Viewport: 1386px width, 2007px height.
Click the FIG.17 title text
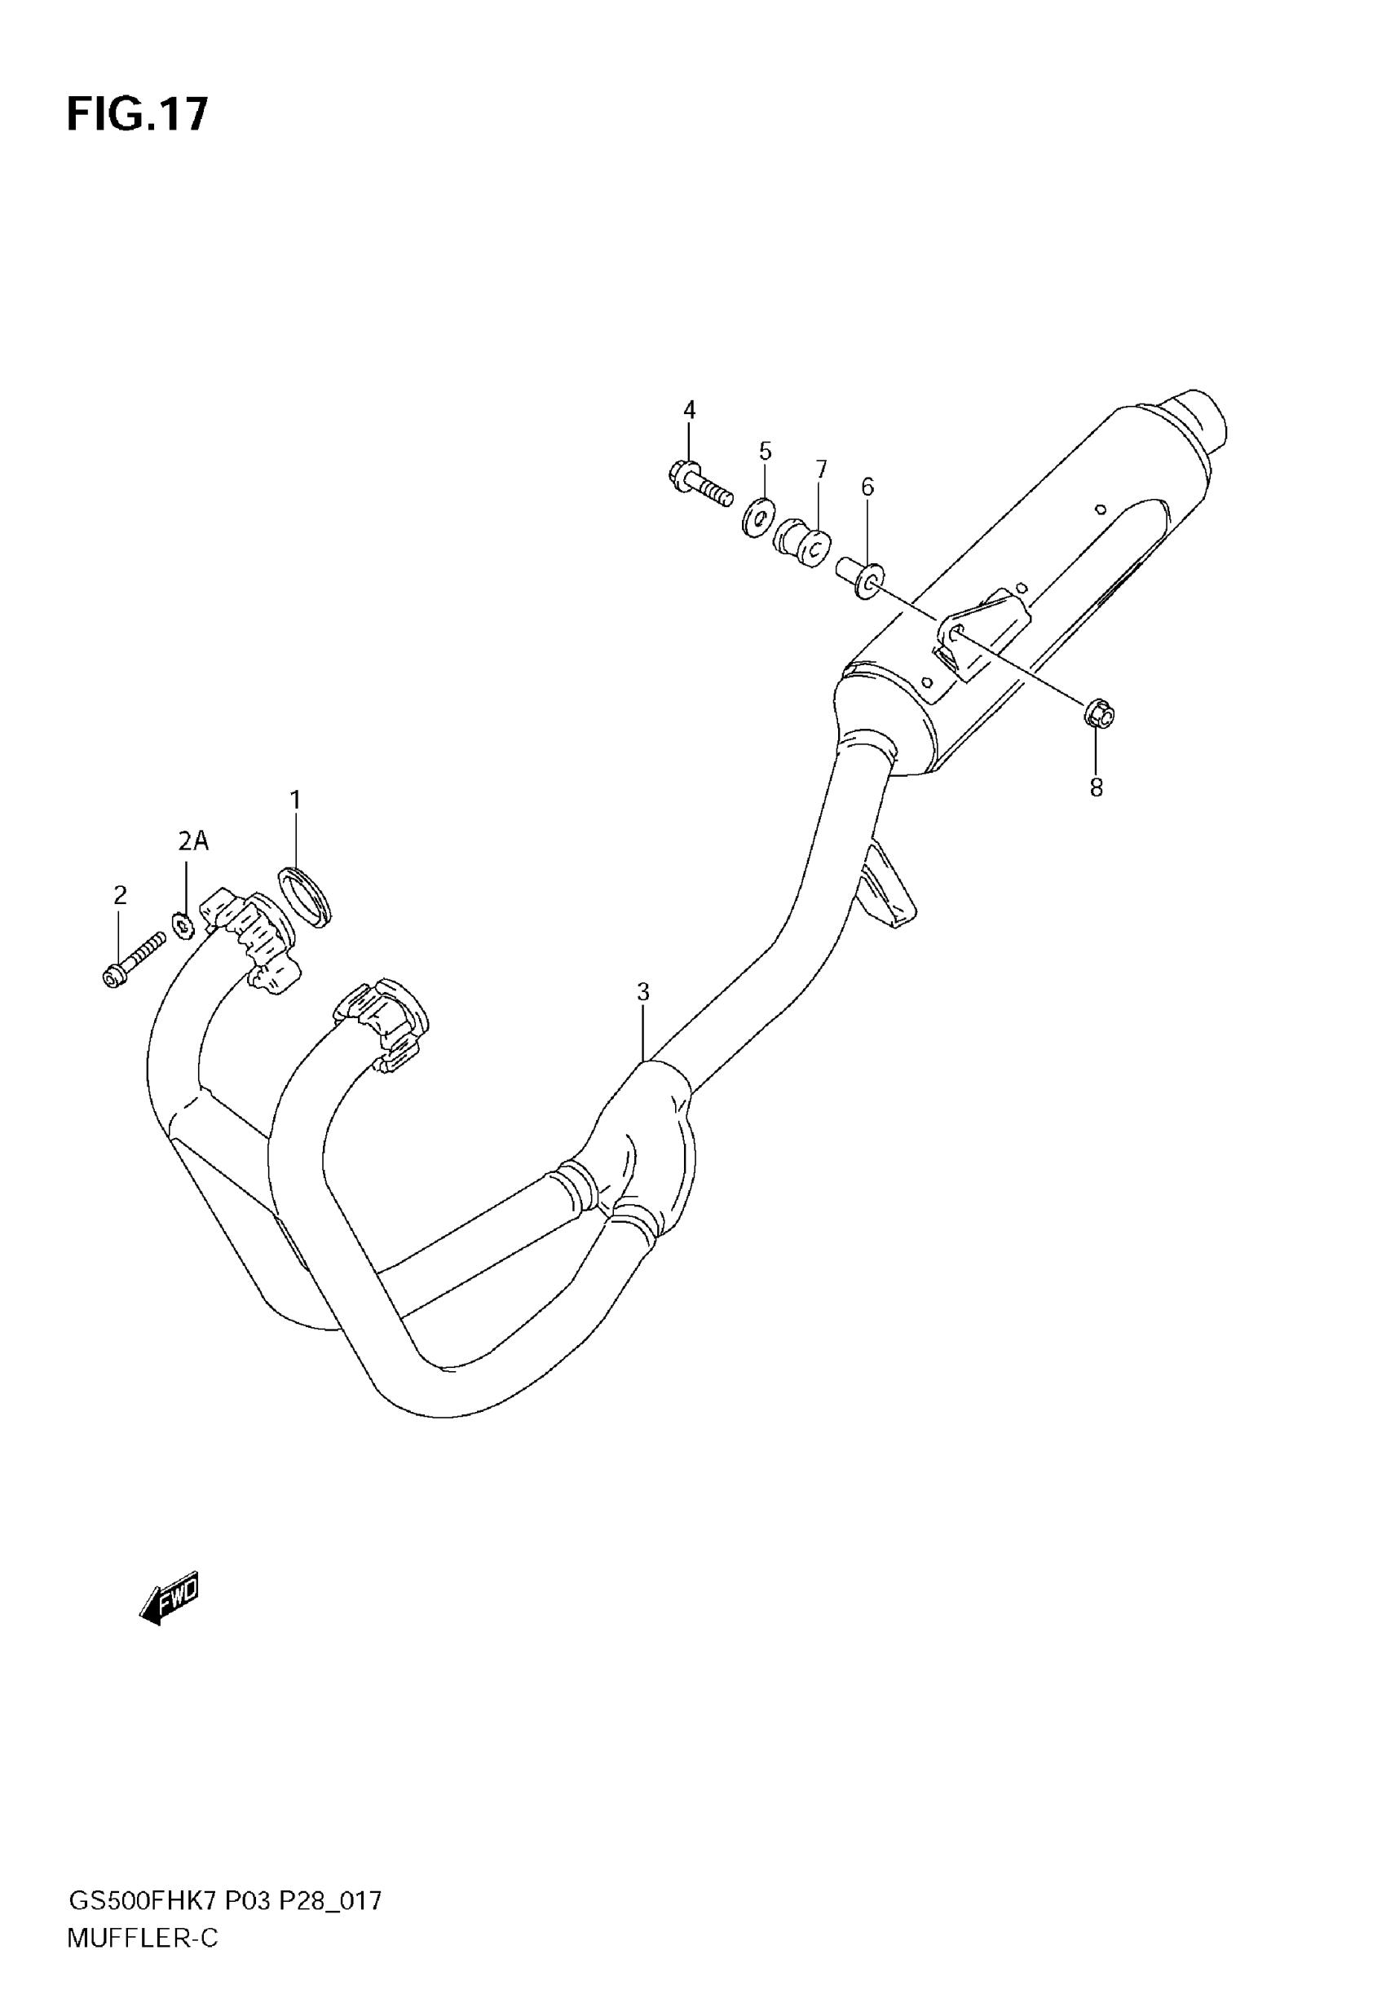[137, 115]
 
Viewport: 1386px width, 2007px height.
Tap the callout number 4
[689, 410]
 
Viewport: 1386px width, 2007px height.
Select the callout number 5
[764, 452]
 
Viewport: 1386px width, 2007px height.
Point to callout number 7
[821, 470]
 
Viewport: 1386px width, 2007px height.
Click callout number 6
[867, 487]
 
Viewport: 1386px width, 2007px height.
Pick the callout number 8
[1096, 788]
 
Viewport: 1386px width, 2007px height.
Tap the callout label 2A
[194, 840]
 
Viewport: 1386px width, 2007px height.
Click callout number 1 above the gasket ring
[295, 800]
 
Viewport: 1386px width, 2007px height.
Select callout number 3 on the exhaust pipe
[642, 991]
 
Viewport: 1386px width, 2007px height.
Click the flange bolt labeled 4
[700, 485]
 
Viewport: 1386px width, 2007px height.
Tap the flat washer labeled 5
[760, 518]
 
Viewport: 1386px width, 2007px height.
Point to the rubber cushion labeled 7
[801, 541]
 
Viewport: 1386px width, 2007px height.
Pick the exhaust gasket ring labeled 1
[306, 896]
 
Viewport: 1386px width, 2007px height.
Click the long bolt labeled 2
[133, 960]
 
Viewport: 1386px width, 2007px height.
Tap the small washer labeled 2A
[183, 925]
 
